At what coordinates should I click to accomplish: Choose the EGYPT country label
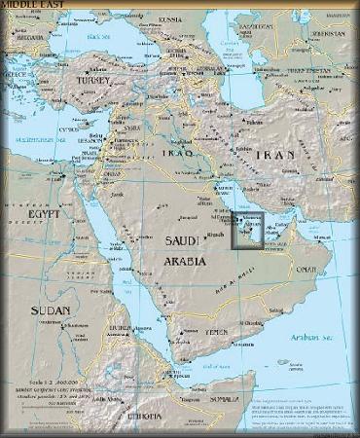click(44, 212)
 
